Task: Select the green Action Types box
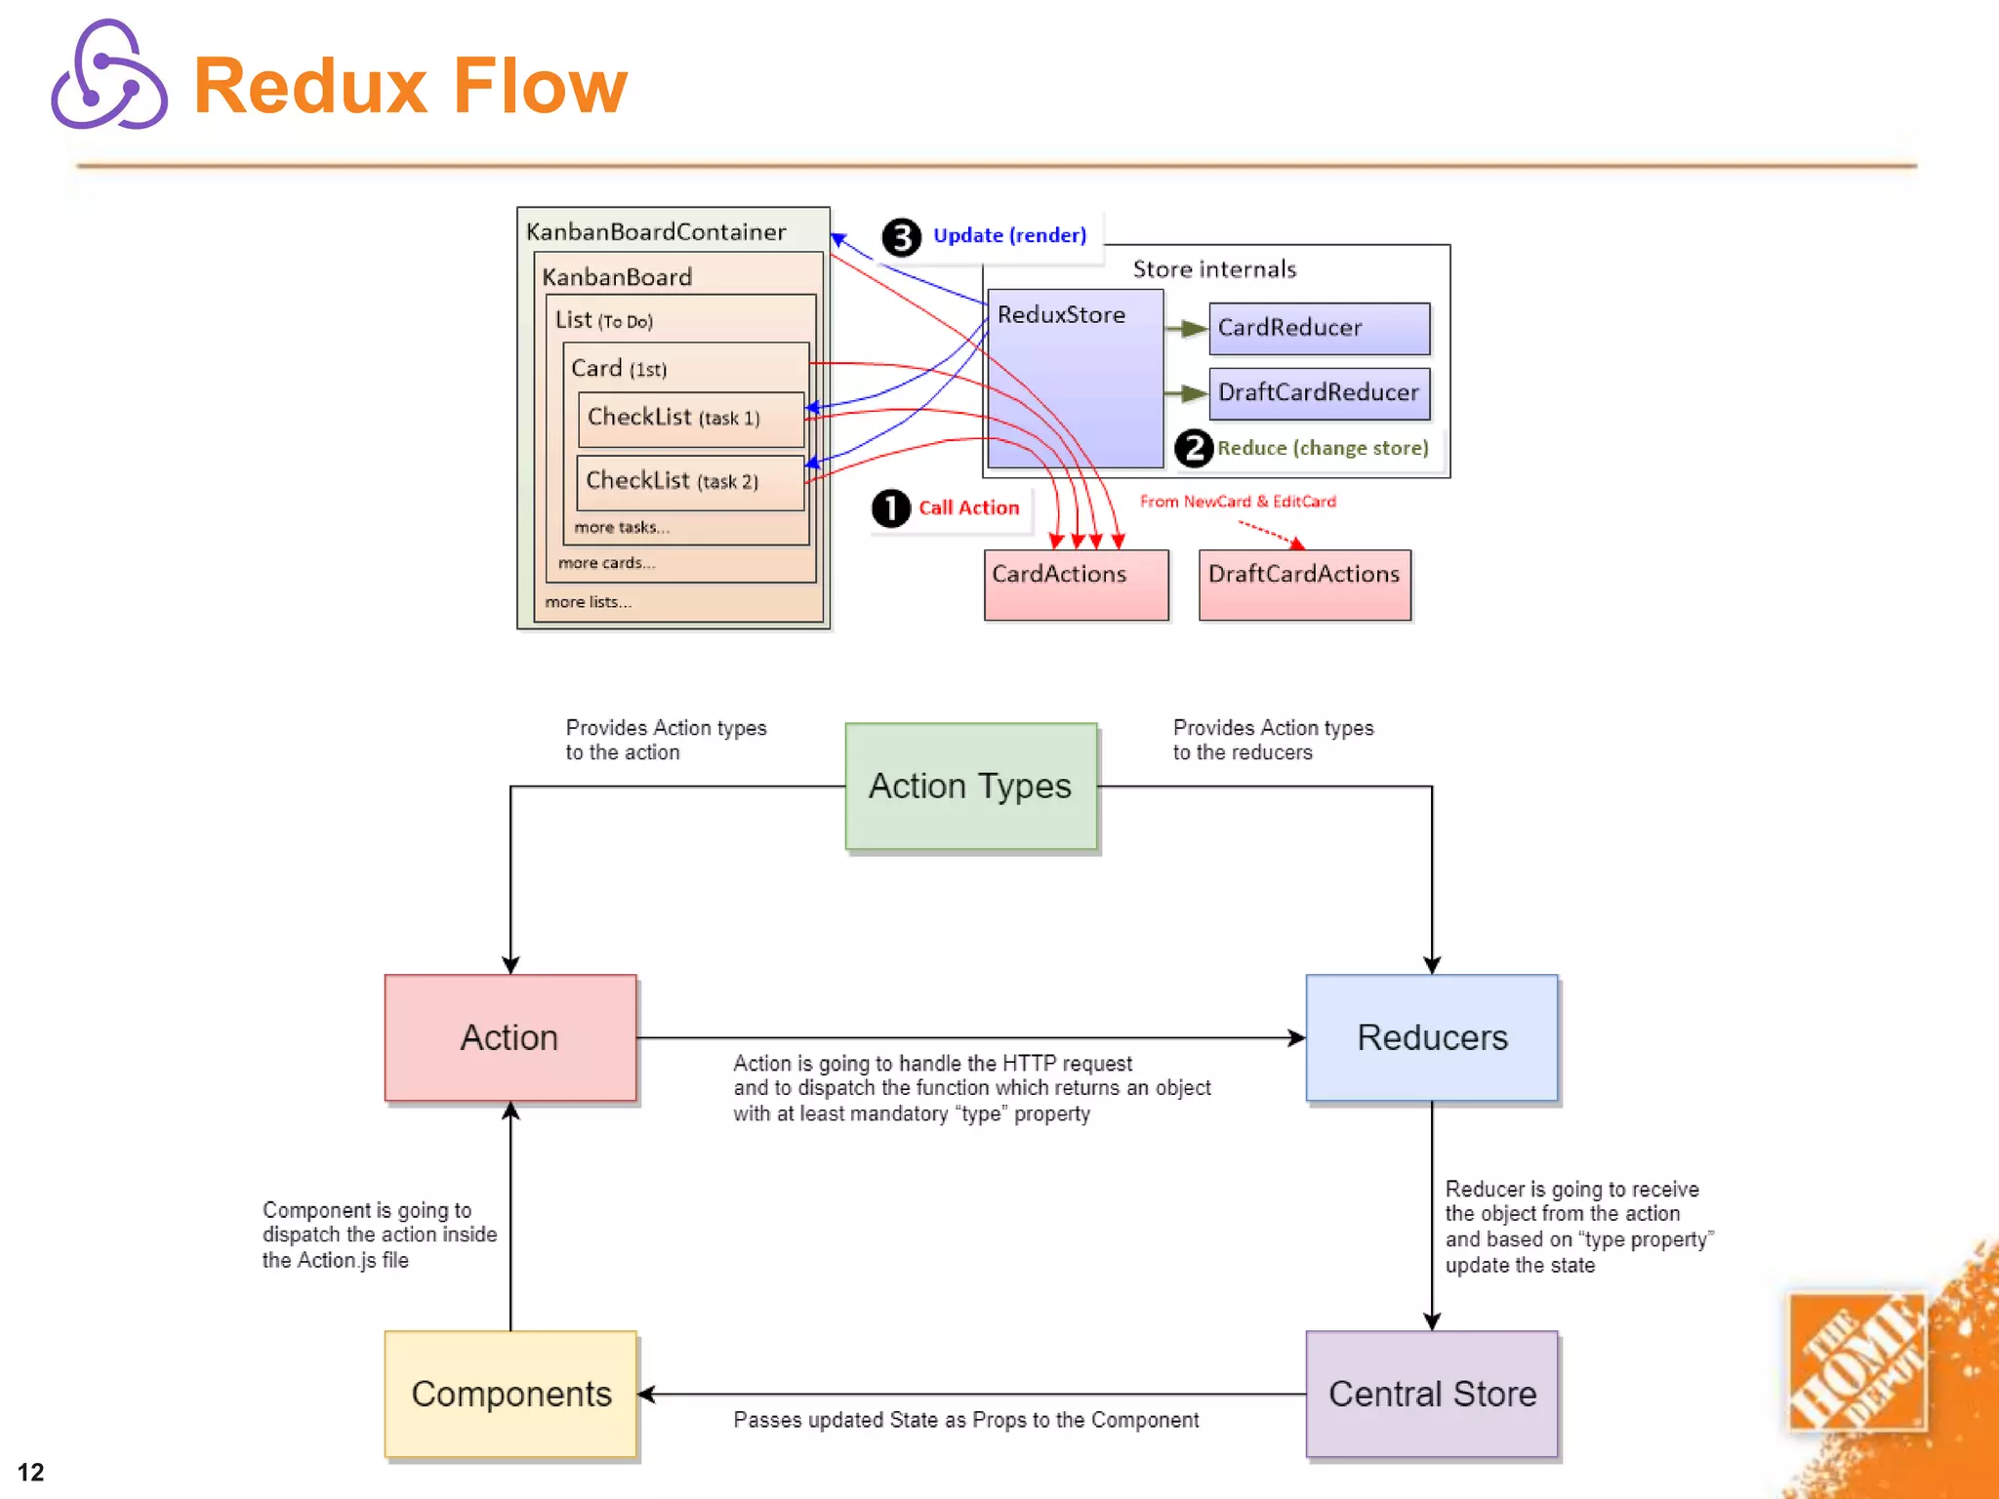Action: click(970, 787)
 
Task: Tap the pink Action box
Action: click(510, 1037)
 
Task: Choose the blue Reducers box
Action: click(1431, 1037)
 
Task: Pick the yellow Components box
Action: click(510, 1394)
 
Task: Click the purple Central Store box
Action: click(1431, 1394)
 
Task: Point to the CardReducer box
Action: click(1319, 328)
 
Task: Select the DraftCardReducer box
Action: click(1319, 392)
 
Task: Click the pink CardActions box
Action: click(1076, 585)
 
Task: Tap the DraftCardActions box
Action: click(1304, 585)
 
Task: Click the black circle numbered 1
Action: click(890, 508)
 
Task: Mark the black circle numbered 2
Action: click(1193, 449)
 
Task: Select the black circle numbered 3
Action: click(901, 237)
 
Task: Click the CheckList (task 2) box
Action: click(690, 482)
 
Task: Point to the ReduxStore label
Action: click(1061, 315)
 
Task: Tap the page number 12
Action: click(30, 1472)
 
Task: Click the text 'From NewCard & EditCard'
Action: click(1238, 502)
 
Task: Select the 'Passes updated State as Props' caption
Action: click(965, 1421)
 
